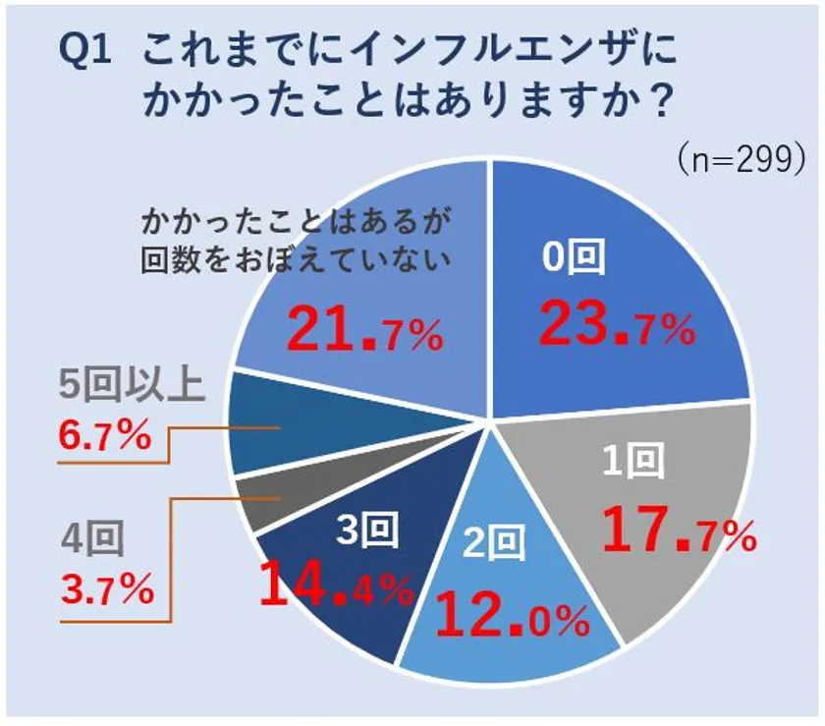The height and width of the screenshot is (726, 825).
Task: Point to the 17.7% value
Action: coord(678,531)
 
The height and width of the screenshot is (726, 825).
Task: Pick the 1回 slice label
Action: coord(633,460)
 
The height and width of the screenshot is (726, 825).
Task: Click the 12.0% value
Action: coord(512,617)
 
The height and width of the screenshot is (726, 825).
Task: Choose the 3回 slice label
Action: coord(367,531)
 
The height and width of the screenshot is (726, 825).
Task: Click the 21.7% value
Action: coord(364,331)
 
